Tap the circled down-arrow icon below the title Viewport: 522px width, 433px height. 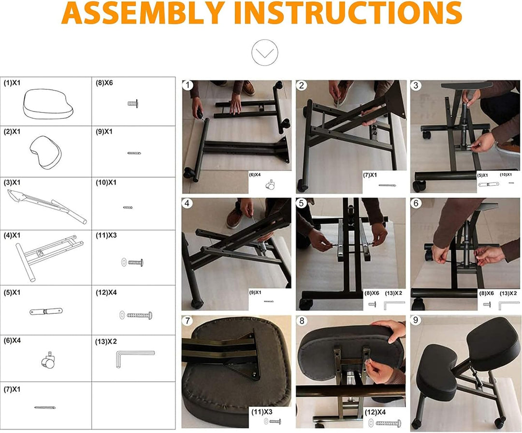coord(265,54)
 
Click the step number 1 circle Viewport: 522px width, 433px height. coord(188,86)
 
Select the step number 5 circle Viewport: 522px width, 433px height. coord(303,203)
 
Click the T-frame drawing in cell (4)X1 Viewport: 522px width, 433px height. coord(46,258)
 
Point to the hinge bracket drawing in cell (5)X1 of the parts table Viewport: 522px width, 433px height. coord(46,312)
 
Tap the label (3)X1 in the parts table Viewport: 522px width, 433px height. coord(13,182)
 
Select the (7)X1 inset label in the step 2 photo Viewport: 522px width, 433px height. coord(371,175)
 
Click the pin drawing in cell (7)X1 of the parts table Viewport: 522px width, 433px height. coord(44,407)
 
